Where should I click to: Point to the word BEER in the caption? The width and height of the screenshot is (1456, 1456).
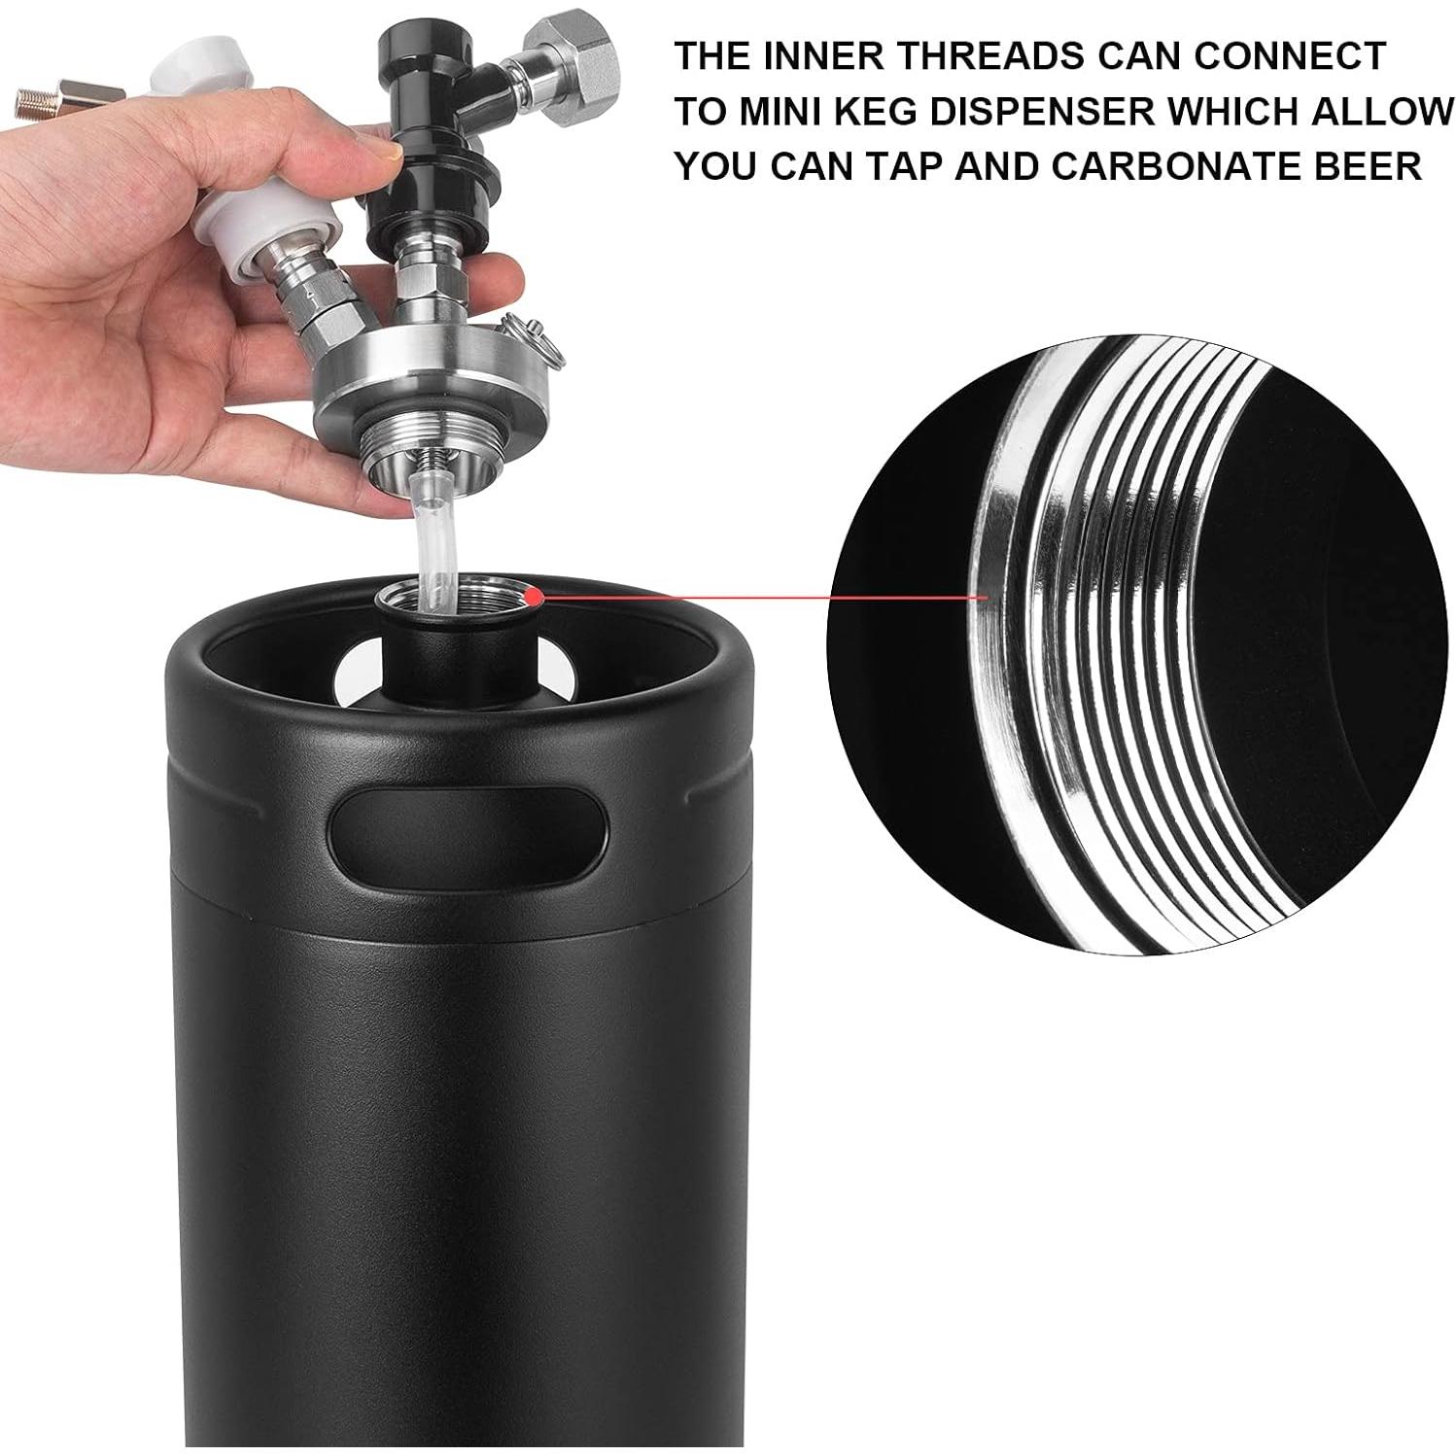[x=1370, y=166]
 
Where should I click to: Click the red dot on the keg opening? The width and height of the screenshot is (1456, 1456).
[x=531, y=591]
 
